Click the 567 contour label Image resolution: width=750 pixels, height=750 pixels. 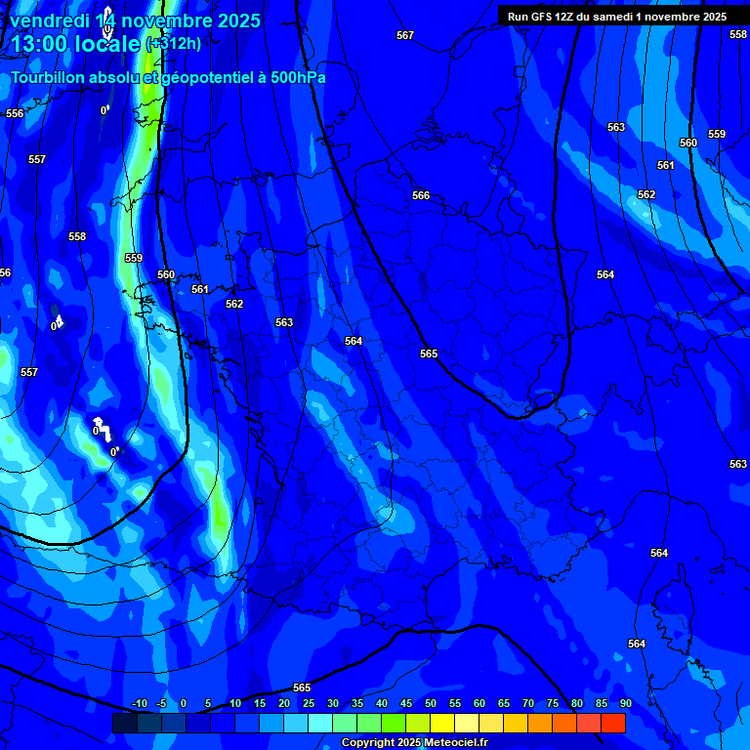pyautogui.click(x=405, y=36)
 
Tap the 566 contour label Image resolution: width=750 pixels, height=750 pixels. pyautogui.click(x=421, y=196)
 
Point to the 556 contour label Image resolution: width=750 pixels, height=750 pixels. pyautogui.click(x=15, y=114)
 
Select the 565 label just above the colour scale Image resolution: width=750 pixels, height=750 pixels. pyautogui.click(x=302, y=688)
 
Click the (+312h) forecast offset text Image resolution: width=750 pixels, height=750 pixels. pyautogui.click(x=174, y=44)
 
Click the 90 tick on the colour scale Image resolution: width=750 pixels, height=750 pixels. pyautogui.click(x=625, y=704)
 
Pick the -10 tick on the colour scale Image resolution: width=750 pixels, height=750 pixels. pyautogui.click(x=139, y=704)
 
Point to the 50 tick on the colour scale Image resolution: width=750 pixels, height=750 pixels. pyautogui.click(x=431, y=704)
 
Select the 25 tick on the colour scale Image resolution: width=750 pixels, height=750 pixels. pyautogui.click(x=309, y=704)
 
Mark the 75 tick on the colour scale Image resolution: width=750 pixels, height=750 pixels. pyautogui.click(x=553, y=704)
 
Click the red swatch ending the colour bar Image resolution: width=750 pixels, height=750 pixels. pyautogui.click(x=612, y=723)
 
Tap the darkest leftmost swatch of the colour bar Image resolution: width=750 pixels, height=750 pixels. pyautogui.click(x=124, y=723)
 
